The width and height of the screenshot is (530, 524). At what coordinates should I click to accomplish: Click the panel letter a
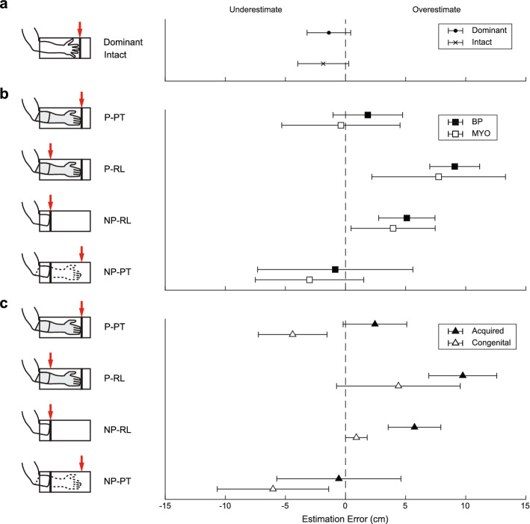[x=5, y=6]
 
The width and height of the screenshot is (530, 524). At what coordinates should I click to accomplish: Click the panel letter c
[x=5, y=303]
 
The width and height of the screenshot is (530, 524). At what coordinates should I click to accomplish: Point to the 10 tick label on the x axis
[x=466, y=505]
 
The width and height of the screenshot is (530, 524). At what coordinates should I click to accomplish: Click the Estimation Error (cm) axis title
[x=345, y=517]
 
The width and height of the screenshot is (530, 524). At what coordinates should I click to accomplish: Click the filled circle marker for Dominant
[x=329, y=32]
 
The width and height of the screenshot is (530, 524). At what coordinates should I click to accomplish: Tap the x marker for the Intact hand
[x=323, y=64]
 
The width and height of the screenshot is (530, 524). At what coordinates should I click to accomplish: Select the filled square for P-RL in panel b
[x=454, y=166]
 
